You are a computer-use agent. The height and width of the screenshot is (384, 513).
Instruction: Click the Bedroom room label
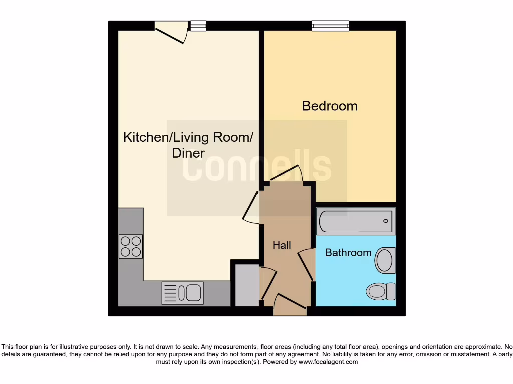330,106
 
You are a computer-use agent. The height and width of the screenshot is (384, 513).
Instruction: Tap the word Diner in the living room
188,153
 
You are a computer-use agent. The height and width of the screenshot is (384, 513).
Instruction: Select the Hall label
282,245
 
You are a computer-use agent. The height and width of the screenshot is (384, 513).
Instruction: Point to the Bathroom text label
348,253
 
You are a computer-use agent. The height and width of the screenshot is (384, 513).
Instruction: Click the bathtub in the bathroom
356,221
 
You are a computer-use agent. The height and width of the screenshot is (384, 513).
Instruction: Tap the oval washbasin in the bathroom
385,260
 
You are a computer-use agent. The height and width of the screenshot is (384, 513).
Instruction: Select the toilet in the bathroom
380,291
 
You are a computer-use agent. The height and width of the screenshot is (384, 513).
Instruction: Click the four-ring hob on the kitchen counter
131,246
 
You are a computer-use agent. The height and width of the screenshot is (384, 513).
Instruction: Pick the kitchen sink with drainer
183,293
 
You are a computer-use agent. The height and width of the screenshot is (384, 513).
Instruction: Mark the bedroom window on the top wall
330,26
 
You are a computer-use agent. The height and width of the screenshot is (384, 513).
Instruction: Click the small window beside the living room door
198,26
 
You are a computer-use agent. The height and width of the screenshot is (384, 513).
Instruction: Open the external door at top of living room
171,33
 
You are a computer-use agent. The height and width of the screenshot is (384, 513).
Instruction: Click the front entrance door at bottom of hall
290,304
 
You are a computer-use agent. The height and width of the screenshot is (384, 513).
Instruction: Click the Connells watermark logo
256,167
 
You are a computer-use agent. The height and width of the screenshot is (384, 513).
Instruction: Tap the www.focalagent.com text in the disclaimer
328,362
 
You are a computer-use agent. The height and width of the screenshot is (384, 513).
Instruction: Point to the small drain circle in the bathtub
386,221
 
